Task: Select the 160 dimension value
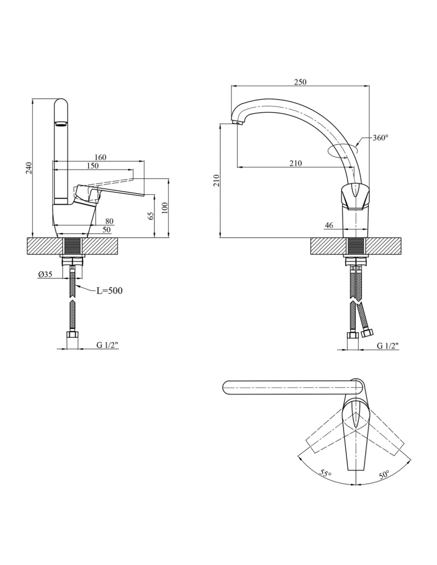(x=100, y=157)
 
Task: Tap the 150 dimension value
(x=93, y=166)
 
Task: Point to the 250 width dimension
(x=300, y=82)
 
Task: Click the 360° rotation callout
(x=381, y=137)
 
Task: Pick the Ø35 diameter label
(x=45, y=274)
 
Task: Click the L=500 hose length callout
(x=109, y=291)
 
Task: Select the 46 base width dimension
(x=329, y=225)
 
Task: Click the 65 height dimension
(x=151, y=216)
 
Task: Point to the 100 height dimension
(x=165, y=208)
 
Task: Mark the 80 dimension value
(x=109, y=221)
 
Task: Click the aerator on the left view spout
(x=61, y=124)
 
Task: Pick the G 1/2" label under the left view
(x=107, y=345)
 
